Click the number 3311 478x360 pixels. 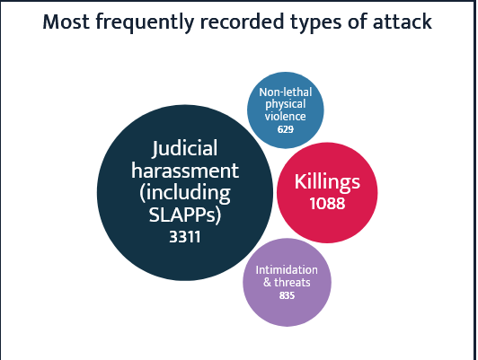pyautogui.click(x=185, y=237)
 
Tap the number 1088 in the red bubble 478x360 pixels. pyautogui.click(x=327, y=203)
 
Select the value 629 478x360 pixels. pyautogui.click(x=286, y=129)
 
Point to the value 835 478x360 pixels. pyautogui.click(x=287, y=295)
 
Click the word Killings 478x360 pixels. pyautogui.click(x=327, y=182)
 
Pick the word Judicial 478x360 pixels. pyautogui.click(x=185, y=149)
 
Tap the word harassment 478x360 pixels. pyautogui.click(x=185, y=171)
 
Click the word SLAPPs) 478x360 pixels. pyautogui.click(x=185, y=215)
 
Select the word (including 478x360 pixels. pyautogui.click(x=185, y=193)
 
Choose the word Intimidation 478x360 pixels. pyautogui.click(x=287, y=270)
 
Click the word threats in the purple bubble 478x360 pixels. pyautogui.click(x=292, y=282)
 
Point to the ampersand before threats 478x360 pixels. pyautogui.click(x=268, y=282)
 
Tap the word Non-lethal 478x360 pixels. pyautogui.click(x=286, y=92)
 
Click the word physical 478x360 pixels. pyautogui.click(x=286, y=105)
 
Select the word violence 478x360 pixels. pyautogui.click(x=286, y=117)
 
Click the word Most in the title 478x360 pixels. pyautogui.click(x=66, y=22)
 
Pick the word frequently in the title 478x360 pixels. pyautogui.click(x=145, y=22)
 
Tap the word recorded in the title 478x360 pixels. pyautogui.click(x=242, y=22)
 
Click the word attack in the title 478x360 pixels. pyautogui.click(x=403, y=22)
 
